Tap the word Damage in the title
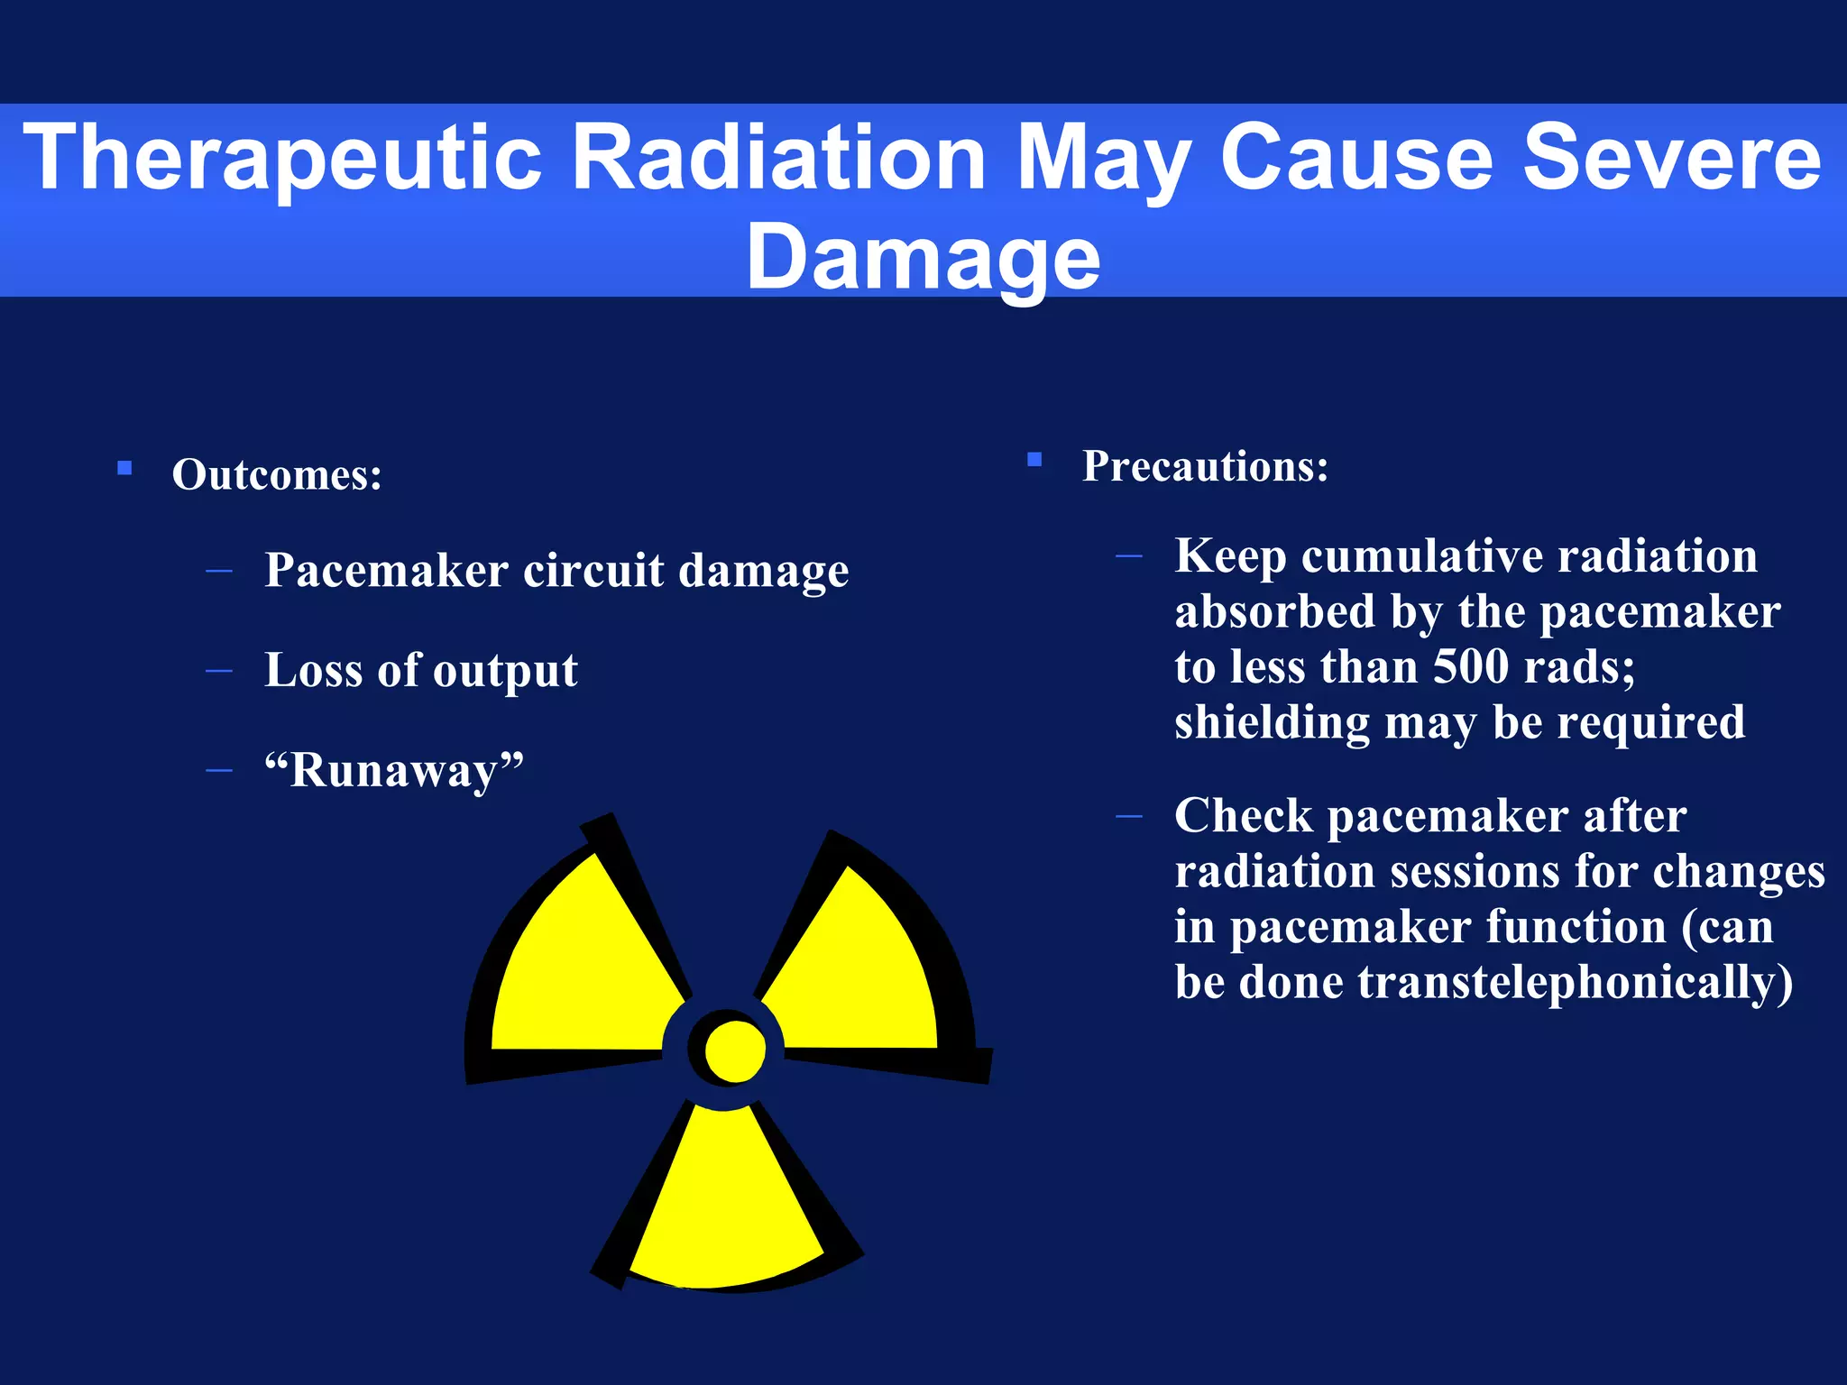click(923, 258)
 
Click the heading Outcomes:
click(277, 475)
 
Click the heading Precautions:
click(1205, 466)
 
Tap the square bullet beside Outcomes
click(124, 468)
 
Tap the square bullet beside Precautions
click(1034, 460)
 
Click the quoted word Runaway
click(393, 771)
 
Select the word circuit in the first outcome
click(593, 571)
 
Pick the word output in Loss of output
click(505, 671)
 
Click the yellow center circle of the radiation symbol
click(735, 1050)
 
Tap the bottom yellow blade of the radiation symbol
click(726, 1199)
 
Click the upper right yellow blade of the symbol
click(861, 969)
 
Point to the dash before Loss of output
click(219, 671)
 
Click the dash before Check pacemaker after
click(1128, 817)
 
